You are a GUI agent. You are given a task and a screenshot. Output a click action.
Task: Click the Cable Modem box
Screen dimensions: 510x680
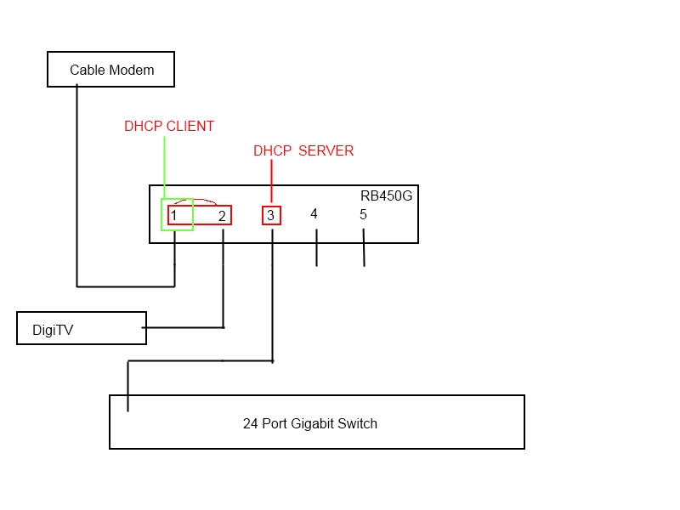(x=110, y=70)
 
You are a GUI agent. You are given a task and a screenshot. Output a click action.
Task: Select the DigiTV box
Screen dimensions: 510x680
(x=81, y=328)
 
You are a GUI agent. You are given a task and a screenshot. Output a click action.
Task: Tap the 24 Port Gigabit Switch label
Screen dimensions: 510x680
(x=309, y=423)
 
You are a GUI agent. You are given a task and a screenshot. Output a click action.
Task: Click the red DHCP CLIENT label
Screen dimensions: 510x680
(x=169, y=127)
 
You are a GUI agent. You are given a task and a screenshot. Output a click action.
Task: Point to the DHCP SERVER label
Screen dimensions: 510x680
(x=303, y=151)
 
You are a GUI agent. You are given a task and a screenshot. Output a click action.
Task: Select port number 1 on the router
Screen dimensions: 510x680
(x=173, y=216)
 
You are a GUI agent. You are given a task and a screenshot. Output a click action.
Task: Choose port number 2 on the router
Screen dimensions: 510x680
(x=222, y=216)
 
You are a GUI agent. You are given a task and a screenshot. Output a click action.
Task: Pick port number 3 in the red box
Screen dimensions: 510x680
(x=270, y=216)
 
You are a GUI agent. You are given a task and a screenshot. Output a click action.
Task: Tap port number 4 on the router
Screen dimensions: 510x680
(x=314, y=214)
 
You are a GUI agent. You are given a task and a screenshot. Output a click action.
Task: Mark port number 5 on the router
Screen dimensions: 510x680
(x=363, y=214)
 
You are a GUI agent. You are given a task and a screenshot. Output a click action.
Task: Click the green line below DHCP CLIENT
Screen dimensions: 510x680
(x=164, y=167)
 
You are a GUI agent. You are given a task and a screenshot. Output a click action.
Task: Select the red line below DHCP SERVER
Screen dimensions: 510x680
(x=271, y=183)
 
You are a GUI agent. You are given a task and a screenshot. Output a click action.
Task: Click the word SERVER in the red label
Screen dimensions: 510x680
(x=326, y=151)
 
